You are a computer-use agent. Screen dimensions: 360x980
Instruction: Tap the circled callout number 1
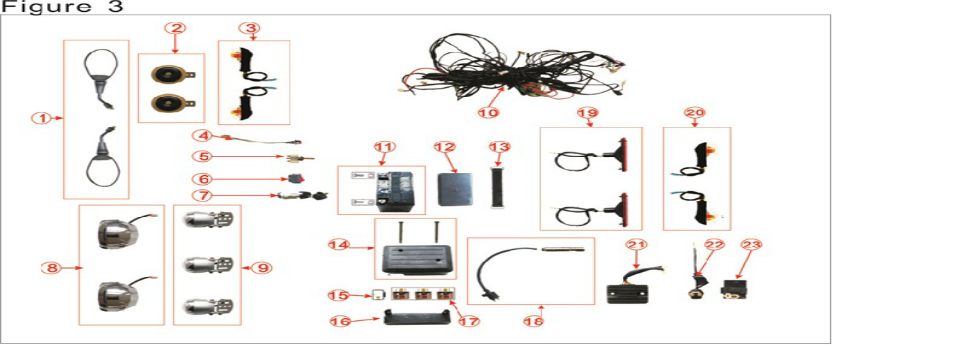coord(41,118)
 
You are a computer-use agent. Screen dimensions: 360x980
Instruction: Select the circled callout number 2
coord(175,28)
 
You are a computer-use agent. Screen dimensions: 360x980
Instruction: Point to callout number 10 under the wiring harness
coord(487,113)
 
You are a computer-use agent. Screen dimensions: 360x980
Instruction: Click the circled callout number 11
coord(385,147)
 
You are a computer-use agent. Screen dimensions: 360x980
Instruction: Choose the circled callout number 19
coord(587,113)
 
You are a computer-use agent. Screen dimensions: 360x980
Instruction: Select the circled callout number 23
coord(750,245)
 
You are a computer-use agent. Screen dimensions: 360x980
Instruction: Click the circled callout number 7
coord(202,195)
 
